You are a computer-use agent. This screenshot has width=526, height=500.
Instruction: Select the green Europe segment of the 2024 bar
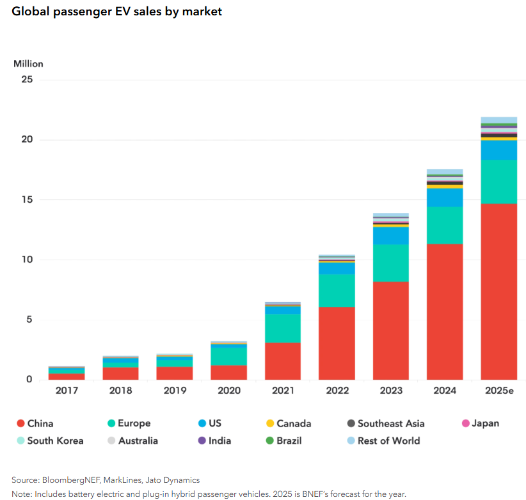(x=445, y=225)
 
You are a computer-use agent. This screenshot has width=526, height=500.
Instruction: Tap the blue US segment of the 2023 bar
(x=390, y=236)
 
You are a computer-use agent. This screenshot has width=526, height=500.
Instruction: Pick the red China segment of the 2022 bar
(x=337, y=343)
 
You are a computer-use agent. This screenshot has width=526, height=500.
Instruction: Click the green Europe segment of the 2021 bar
(x=282, y=328)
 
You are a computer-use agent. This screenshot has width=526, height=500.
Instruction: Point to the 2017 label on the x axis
(x=66, y=390)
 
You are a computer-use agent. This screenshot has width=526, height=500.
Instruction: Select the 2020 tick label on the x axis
(x=228, y=390)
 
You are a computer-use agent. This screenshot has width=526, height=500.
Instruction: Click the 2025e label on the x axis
(x=498, y=390)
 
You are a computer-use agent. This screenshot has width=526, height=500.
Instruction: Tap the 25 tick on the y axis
(x=26, y=79)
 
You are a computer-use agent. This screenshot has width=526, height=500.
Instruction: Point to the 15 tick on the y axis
(x=26, y=199)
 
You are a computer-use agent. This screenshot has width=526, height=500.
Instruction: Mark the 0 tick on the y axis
(x=29, y=380)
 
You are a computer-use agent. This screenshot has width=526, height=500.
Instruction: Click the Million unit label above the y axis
(x=28, y=64)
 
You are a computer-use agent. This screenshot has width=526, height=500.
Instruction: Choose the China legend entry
(x=35, y=423)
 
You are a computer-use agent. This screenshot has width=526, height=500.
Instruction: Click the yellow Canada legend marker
(x=269, y=423)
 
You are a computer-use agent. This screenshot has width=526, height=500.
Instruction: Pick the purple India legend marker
(x=202, y=441)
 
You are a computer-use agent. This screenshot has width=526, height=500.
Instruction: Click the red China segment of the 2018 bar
(x=120, y=373)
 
